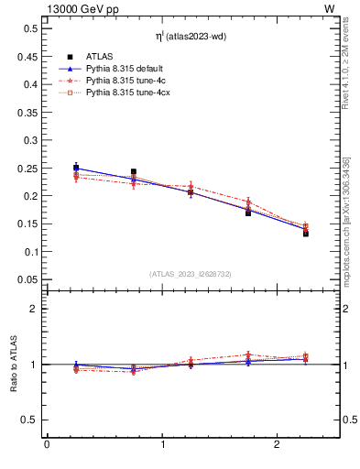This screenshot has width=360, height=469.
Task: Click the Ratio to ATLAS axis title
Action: coord(14,365)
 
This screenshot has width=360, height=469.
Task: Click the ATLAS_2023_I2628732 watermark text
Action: coord(191,273)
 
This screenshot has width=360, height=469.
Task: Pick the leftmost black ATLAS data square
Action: coord(76,168)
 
